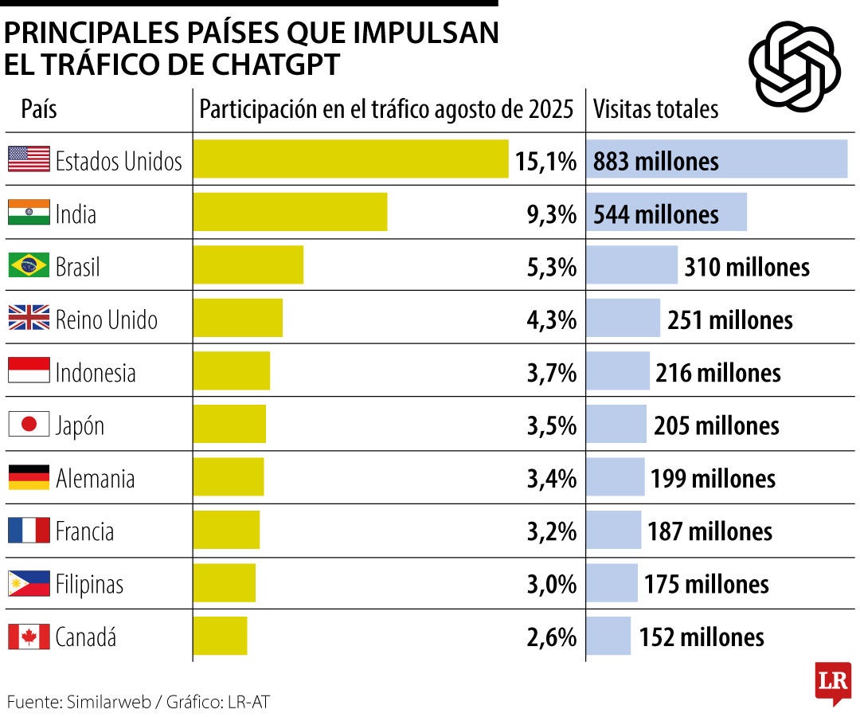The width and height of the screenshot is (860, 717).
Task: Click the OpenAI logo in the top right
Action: click(x=794, y=65)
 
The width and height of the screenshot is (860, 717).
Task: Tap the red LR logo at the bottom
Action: click(x=832, y=682)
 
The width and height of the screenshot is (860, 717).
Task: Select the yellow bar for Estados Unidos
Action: click(x=350, y=159)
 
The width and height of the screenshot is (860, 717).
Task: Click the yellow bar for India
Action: click(x=290, y=212)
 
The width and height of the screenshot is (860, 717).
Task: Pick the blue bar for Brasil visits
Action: click(x=632, y=265)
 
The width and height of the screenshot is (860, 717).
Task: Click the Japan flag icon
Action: click(x=29, y=425)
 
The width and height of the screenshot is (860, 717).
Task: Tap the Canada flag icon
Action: click(x=29, y=637)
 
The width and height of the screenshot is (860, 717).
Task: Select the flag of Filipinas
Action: click(x=29, y=584)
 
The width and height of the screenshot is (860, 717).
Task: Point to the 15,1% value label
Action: click(x=545, y=161)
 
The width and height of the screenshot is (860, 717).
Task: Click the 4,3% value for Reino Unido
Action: click(x=551, y=319)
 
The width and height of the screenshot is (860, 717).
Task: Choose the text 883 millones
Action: click(x=656, y=161)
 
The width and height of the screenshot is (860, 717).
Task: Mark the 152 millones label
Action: click(x=702, y=637)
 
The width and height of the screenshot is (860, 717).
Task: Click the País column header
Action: click(x=39, y=108)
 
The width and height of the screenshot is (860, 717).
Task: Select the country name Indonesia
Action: click(x=96, y=372)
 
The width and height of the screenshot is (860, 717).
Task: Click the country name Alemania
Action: click(x=95, y=478)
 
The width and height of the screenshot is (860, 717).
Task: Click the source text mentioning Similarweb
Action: click(x=143, y=702)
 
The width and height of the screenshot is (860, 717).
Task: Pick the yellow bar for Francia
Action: click(x=226, y=530)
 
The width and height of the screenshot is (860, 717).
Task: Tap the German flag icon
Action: click(x=29, y=477)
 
